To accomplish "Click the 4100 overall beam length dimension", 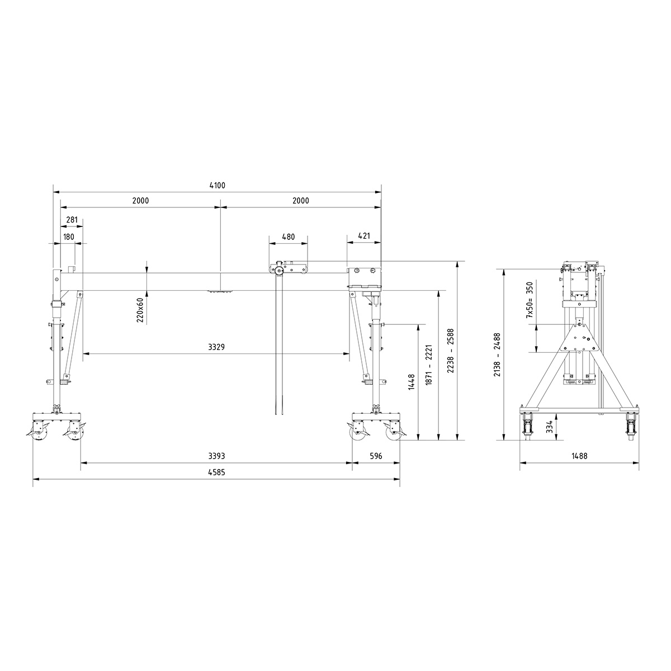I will (x=217, y=186).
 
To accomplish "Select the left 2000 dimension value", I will (x=140, y=201).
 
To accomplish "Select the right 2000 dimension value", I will (x=300, y=201).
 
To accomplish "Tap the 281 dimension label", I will (x=72, y=220).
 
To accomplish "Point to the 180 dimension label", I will (x=69, y=237).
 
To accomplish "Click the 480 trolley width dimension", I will (x=288, y=237).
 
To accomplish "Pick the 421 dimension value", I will (x=363, y=236).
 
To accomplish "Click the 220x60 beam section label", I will (x=140, y=309).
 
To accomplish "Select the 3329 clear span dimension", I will (x=216, y=347).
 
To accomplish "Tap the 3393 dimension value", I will (x=216, y=456).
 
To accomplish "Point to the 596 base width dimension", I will (x=376, y=456).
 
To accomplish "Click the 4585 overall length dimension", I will (x=216, y=472).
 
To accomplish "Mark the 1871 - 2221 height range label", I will (x=430, y=366).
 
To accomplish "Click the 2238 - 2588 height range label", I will (x=451, y=351).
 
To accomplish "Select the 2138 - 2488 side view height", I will (x=497, y=355).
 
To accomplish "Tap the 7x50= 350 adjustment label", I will (x=529, y=300).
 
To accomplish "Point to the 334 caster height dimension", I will (x=550, y=427).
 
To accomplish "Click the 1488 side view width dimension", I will (x=579, y=456).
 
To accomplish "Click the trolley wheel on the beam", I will (x=278, y=272).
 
